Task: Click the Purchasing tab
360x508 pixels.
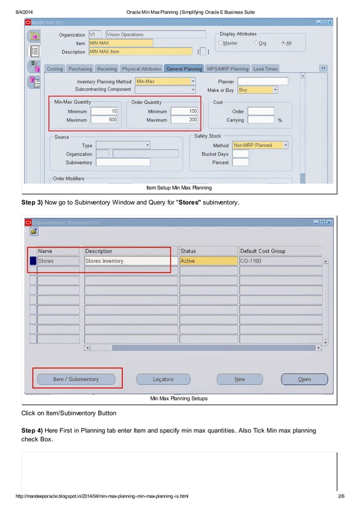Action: pos(80,69)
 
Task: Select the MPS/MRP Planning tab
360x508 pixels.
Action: pos(227,69)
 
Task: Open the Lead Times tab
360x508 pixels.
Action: pos(265,69)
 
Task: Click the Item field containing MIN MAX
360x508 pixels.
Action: pos(120,43)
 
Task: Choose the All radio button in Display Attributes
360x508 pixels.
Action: pos(284,43)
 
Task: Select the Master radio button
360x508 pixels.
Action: pos(221,43)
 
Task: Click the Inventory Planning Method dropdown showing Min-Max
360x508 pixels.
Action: pos(165,81)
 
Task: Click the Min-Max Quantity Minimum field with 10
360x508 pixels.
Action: pos(104,111)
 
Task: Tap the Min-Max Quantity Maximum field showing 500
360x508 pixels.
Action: pos(104,120)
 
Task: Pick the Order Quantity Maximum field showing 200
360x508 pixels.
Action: pos(184,120)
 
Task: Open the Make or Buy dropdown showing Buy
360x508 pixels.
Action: pos(257,90)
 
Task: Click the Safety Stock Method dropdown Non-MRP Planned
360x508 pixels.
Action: pos(260,145)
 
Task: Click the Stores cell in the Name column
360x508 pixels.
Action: pos(58,261)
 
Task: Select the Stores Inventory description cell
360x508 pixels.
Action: pos(127,261)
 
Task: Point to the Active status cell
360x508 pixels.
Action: pos(208,261)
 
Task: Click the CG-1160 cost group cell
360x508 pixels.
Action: pos(280,261)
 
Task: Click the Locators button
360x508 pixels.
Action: pos(163,379)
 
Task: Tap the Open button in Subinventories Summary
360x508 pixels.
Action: pos(304,379)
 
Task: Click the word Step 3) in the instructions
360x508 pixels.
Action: pos(32,202)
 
